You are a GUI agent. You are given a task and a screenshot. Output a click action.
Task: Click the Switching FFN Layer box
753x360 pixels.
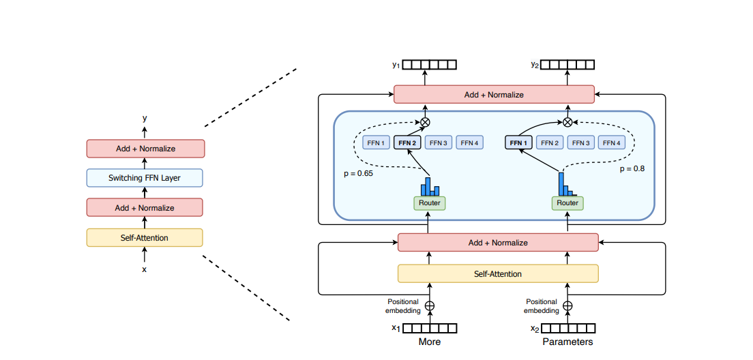pos(145,178)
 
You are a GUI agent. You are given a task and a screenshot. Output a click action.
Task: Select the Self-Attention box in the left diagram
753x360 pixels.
pos(145,237)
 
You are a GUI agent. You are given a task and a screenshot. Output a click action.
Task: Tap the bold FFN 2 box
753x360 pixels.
pos(407,143)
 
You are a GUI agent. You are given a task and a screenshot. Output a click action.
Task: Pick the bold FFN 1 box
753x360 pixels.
pos(518,143)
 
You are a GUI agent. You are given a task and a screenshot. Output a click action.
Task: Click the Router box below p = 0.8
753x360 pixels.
pos(567,202)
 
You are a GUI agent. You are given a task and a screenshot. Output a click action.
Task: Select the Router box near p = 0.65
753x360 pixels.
pos(429,202)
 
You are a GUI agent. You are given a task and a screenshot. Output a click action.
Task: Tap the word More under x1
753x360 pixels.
pos(430,342)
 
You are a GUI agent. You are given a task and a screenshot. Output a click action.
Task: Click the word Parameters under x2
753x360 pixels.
pos(567,342)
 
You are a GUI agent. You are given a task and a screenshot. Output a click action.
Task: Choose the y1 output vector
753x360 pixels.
pos(429,65)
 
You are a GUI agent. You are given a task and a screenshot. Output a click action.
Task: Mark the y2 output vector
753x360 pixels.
pos(567,65)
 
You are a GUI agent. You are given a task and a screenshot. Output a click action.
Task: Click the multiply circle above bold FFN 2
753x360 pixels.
pos(425,122)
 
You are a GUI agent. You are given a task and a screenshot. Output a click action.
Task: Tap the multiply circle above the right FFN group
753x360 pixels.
pos(567,122)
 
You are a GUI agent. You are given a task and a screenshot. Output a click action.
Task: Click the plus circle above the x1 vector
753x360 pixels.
pos(430,306)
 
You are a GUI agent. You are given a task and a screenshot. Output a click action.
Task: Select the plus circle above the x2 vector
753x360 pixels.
pos(567,306)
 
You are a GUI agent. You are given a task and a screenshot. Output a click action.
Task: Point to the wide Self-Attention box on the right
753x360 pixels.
pos(498,273)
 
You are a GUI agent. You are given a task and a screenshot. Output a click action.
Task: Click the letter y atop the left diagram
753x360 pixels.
pos(145,118)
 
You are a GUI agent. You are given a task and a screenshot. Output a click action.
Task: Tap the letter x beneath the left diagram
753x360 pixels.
pos(144,269)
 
